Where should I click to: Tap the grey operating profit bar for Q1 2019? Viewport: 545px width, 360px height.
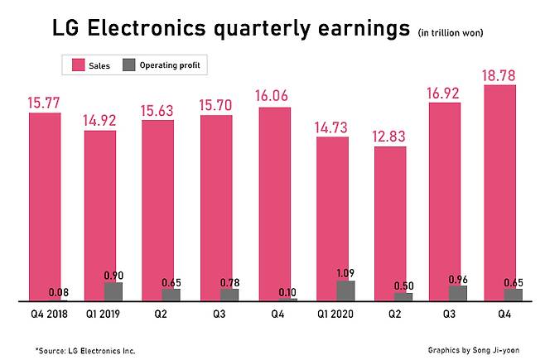(113, 291)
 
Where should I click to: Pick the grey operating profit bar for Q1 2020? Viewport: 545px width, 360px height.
(345, 290)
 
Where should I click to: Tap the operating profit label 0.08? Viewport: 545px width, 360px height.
(60, 292)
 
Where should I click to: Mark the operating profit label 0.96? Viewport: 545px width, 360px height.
(458, 278)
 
